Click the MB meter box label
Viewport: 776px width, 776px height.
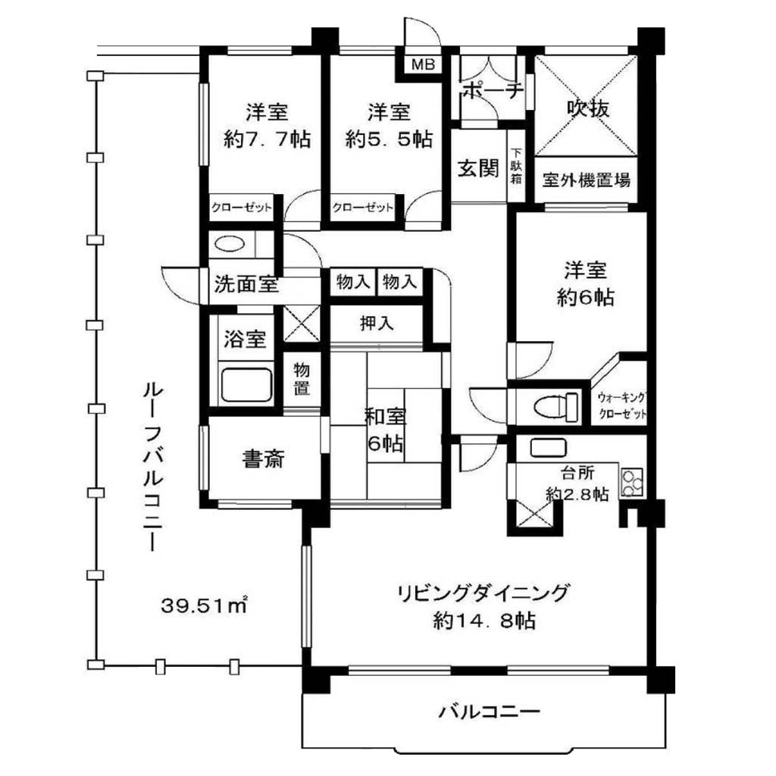point(423,64)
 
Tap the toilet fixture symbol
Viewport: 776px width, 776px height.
point(557,407)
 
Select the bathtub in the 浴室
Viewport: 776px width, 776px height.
point(246,384)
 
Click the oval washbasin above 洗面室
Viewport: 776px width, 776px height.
point(230,244)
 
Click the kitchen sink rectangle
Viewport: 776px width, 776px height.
point(548,448)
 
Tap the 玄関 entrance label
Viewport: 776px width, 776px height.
point(478,169)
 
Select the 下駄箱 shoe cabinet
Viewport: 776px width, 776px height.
point(516,166)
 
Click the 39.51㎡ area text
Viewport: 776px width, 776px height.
point(203,605)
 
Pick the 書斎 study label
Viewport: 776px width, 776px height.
point(263,459)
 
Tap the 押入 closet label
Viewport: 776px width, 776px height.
point(377,323)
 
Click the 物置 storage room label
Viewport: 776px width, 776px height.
point(302,378)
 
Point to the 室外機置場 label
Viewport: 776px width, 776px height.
point(586,180)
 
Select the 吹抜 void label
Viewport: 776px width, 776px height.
point(588,108)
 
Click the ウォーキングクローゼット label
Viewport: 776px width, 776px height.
point(622,405)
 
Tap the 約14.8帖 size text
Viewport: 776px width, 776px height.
point(484,620)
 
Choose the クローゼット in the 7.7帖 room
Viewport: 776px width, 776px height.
point(242,207)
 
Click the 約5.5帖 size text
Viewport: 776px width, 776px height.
point(389,139)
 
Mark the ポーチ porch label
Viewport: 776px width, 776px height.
point(493,90)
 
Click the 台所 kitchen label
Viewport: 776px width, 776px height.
point(577,473)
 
